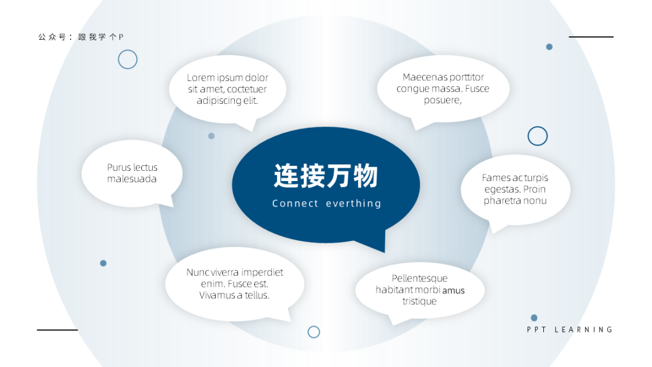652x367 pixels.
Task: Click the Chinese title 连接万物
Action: click(x=325, y=176)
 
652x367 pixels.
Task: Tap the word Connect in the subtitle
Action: click(x=295, y=203)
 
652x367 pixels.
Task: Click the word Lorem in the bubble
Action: click(x=201, y=78)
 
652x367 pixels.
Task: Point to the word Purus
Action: click(x=119, y=167)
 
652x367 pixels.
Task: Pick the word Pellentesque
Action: click(x=420, y=278)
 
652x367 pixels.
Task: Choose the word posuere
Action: click(x=443, y=100)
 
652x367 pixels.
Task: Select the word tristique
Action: click(x=420, y=301)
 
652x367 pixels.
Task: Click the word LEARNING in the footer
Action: click(x=583, y=330)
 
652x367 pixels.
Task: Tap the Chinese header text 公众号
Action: click(x=52, y=37)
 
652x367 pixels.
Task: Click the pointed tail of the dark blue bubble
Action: click(x=384, y=252)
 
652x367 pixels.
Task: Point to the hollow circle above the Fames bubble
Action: click(x=538, y=127)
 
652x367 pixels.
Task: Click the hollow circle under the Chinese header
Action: click(x=127, y=50)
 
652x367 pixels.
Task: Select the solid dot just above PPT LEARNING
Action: click(x=534, y=318)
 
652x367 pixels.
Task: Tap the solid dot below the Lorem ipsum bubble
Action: click(x=211, y=136)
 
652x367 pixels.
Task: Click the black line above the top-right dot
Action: click(x=591, y=37)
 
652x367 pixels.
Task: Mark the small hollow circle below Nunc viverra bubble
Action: click(x=314, y=327)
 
